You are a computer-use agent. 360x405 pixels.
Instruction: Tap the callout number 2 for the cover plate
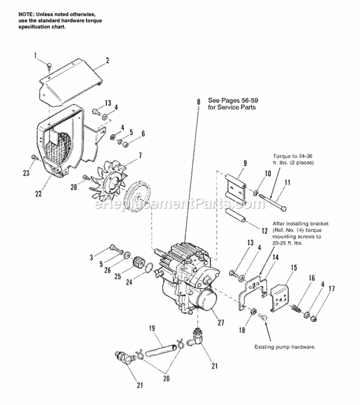[108, 61]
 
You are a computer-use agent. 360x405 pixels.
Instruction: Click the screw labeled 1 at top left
[50, 65]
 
